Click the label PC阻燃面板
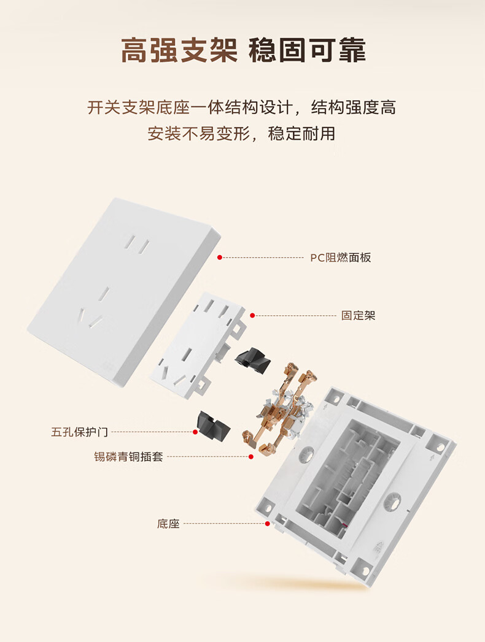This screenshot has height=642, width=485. (x=340, y=258)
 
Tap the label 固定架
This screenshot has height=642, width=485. (x=358, y=316)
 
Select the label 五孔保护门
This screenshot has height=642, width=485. (x=79, y=432)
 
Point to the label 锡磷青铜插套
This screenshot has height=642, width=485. (x=128, y=456)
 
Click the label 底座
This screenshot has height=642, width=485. (x=168, y=524)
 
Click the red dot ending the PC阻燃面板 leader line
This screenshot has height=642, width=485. (x=219, y=258)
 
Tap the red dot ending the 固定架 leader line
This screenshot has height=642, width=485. (x=252, y=316)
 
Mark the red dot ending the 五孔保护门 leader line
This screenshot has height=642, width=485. (x=195, y=432)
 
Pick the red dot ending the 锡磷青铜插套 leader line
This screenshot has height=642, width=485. (x=251, y=456)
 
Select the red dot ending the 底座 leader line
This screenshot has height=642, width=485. (x=267, y=524)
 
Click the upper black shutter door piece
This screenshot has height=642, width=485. (x=252, y=361)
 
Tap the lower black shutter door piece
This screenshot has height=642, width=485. (x=212, y=426)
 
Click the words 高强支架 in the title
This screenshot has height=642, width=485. (x=179, y=51)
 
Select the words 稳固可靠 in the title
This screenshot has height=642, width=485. (x=307, y=51)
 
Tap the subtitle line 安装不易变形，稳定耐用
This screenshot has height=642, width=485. (x=242, y=133)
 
